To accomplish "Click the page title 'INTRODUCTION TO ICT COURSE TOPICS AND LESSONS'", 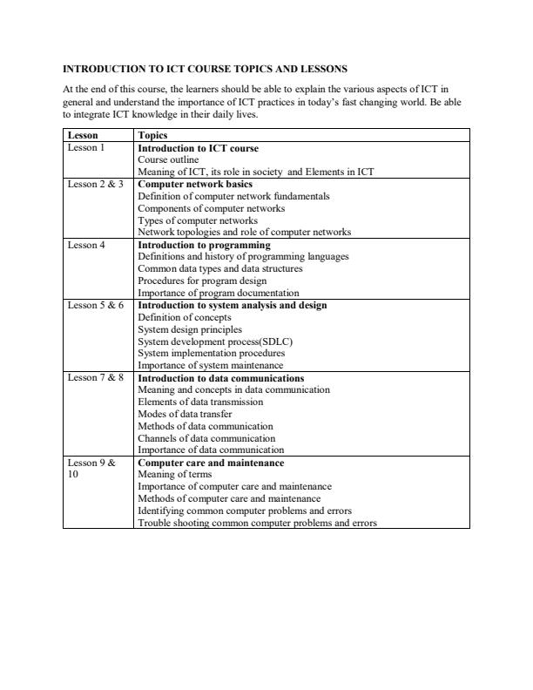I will (x=206, y=68).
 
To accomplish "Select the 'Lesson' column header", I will (x=83, y=136).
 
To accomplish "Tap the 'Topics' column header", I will (x=153, y=136).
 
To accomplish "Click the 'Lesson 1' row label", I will (x=85, y=148).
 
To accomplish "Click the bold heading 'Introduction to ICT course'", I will (x=198, y=148).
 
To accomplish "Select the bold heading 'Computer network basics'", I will (x=195, y=185).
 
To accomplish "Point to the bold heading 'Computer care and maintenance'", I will (x=211, y=463).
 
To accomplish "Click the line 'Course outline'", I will (x=168, y=160).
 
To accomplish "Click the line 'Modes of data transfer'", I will (x=185, y=415).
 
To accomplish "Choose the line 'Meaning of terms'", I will (x=174, y=475).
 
